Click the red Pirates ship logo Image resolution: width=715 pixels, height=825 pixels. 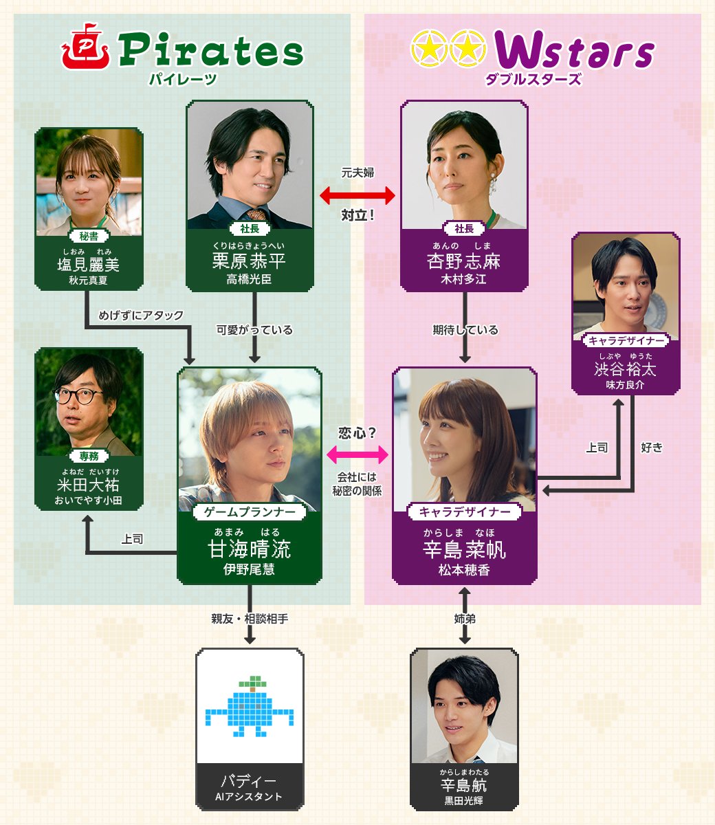[85, 49]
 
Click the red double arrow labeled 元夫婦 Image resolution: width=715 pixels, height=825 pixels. [357, 196]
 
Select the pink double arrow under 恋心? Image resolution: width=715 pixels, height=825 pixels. [357, 454]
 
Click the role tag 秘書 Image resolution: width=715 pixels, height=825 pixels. [89, 236]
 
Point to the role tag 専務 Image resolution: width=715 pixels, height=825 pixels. [89, 456]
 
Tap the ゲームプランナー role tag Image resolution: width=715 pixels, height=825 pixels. [250, 511]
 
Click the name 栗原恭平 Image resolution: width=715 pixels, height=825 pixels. [250, 261]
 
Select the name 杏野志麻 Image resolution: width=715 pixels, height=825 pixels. [464, 262]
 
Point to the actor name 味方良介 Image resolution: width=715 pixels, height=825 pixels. [625, 385]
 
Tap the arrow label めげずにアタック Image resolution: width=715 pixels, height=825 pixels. [141, 316]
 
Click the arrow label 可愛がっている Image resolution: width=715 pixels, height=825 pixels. [254, 330]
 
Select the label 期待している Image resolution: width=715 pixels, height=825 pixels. [465, 330]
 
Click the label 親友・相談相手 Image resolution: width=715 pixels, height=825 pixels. [250, 619]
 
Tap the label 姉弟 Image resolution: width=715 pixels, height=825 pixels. [465, 619]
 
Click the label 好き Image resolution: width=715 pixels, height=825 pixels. [651, 448]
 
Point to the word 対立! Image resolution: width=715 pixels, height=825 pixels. [357, 216]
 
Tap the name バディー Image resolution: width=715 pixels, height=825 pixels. [250, 782]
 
